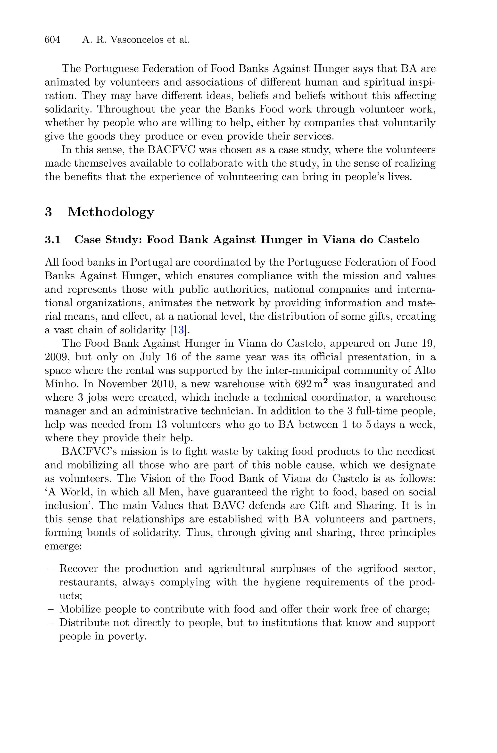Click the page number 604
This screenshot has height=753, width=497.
point(52,40)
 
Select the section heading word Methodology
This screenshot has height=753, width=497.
point(111,212)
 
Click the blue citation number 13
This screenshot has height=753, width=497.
point(178,330)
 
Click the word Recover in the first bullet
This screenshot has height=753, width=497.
point(79,569)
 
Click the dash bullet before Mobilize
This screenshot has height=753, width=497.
point(50,609)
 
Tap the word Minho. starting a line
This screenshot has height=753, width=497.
point(62,384)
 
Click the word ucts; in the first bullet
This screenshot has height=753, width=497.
point(71,596)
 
